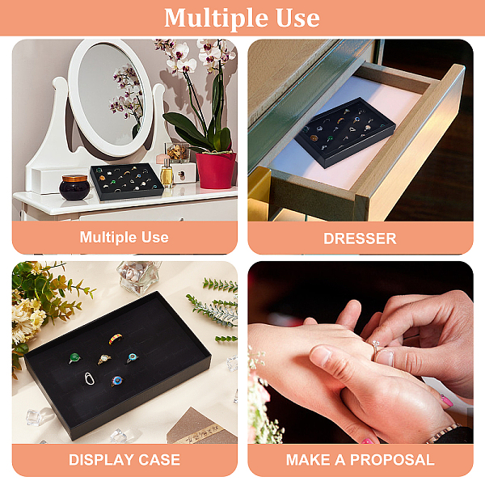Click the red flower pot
point(216,170)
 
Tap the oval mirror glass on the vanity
point(111,95)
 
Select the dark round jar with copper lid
point(74,187)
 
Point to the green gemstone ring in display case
point(74,358)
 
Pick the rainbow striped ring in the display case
point(116,339)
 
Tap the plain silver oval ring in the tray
point(89,378)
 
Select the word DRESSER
point(360,238)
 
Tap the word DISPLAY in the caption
point(101,460)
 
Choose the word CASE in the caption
point(159,460)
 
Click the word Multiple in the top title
point(216,19)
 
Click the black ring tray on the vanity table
point(127,182)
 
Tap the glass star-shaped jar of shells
point(139,277)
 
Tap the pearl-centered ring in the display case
point(104,360)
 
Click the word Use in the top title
point(297,19)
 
